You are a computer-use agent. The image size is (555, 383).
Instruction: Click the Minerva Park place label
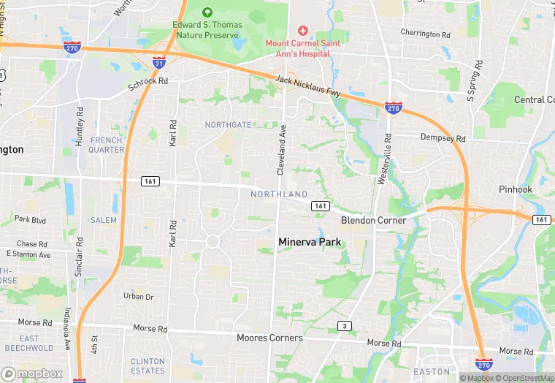pos(310,241)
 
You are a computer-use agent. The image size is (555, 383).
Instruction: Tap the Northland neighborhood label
pos(279,194)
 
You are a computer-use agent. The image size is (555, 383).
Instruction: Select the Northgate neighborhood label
pos(228,125)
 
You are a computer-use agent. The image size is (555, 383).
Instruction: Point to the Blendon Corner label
pos(372,220)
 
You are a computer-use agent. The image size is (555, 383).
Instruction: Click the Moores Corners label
pos(269,338)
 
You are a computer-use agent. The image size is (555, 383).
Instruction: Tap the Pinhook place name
pos(516,189)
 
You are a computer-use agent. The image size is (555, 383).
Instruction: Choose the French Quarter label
pos(107,145)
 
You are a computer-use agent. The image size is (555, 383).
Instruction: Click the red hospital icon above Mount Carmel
pos(302,30)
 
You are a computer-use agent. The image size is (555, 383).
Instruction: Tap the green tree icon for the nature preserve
pos(207,12)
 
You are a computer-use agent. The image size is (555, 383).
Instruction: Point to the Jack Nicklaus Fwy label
pos(308,86)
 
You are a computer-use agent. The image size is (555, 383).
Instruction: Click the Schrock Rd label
pos(148,84)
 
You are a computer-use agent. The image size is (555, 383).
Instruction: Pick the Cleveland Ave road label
pos(280,148)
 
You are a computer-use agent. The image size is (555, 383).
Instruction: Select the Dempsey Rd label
pos(443,137)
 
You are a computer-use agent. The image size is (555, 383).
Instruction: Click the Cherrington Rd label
pos(431,34)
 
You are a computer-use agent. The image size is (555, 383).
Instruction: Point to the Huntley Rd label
pos(80,127)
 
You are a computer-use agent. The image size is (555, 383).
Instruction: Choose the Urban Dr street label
pos(138,297)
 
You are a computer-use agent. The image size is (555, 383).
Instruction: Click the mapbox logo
pos(32,373)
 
